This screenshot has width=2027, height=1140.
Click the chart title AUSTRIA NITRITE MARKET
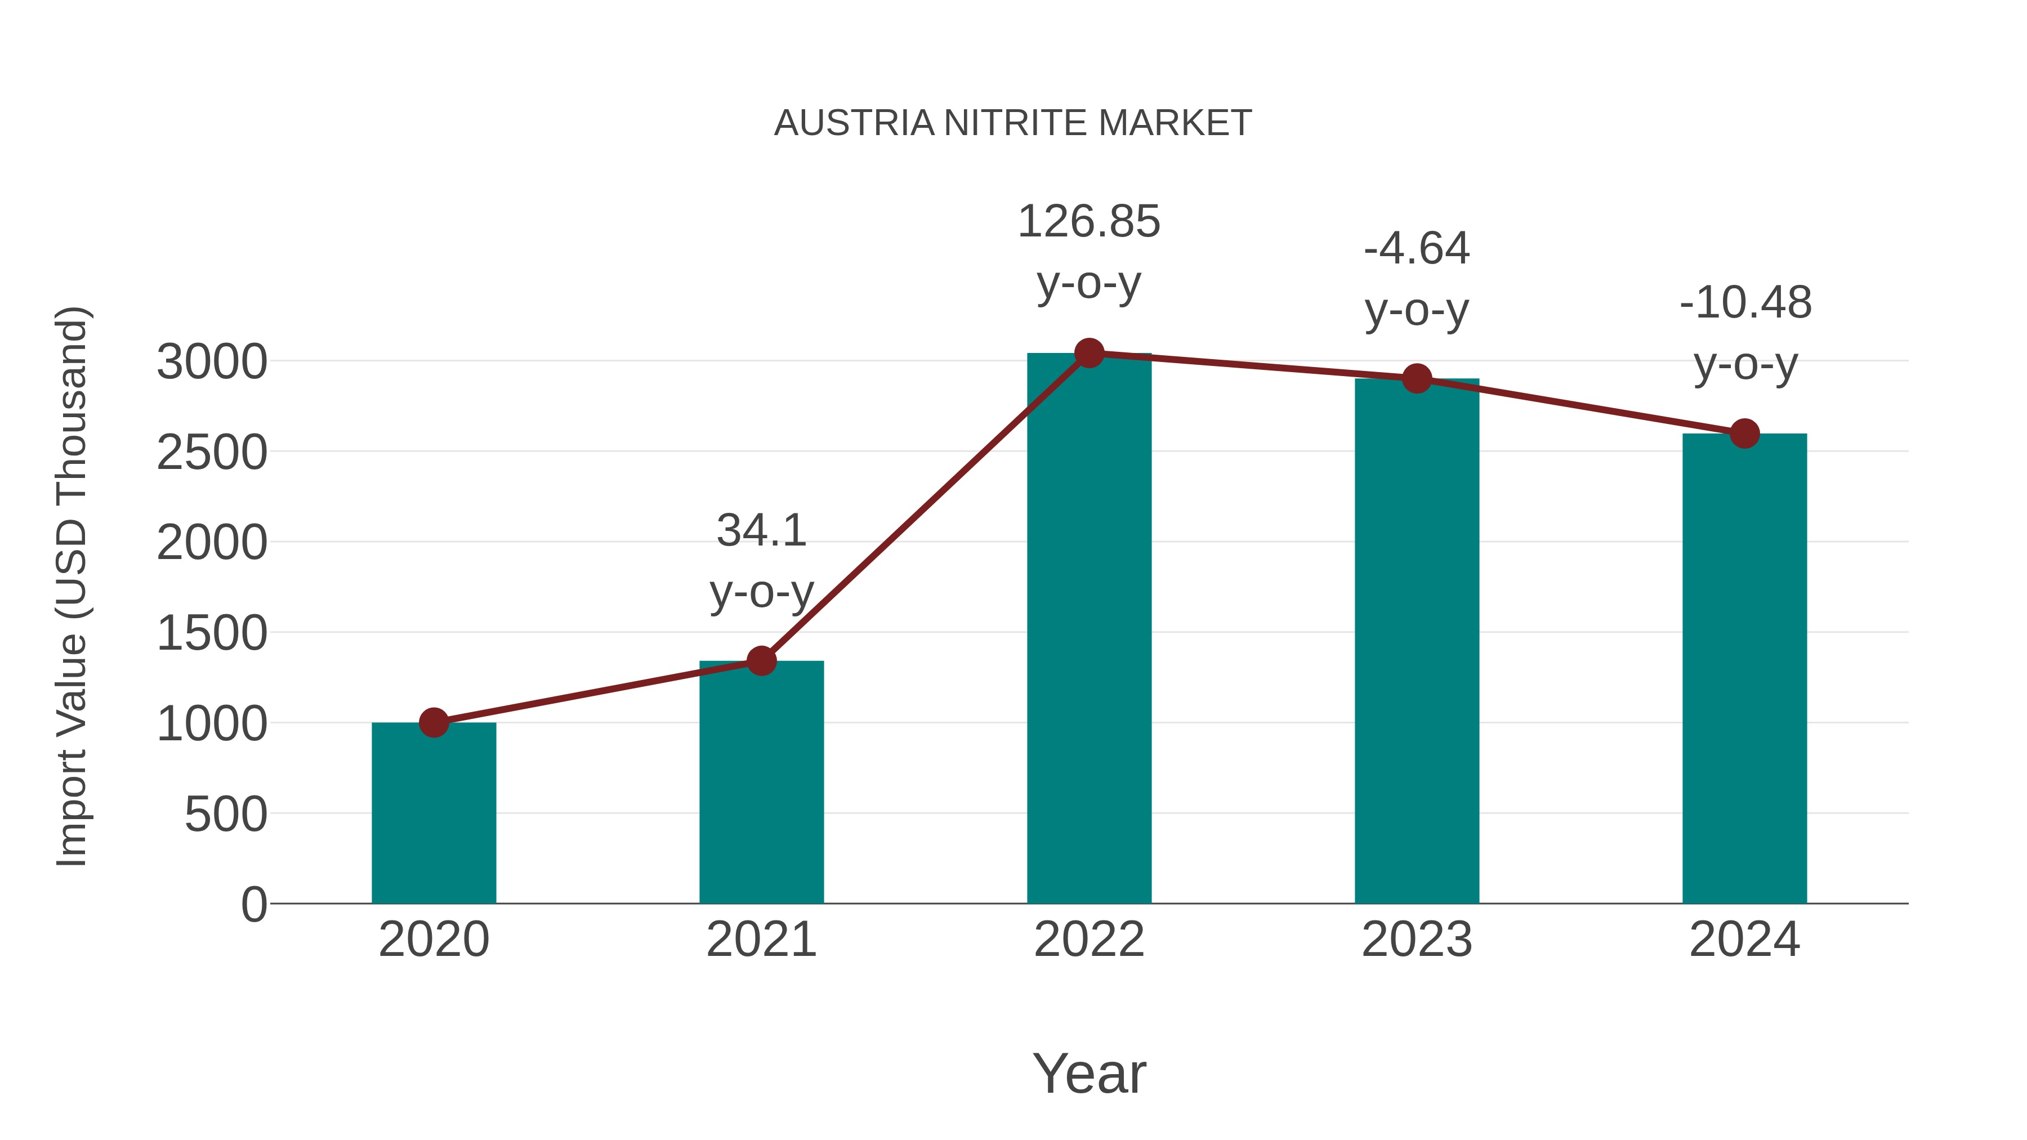[1013, 123]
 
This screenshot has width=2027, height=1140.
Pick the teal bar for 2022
[1089, 629]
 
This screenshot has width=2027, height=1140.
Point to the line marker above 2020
[434, 722]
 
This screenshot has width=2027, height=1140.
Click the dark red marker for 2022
[1089, 353]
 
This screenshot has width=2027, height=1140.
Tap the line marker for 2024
[1744, 433]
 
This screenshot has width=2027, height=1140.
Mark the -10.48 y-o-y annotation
[1744, 334]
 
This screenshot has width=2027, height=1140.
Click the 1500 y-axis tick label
[212, 633]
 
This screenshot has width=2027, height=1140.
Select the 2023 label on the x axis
[1417, 940]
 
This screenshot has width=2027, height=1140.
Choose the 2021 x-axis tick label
[761, 940]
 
